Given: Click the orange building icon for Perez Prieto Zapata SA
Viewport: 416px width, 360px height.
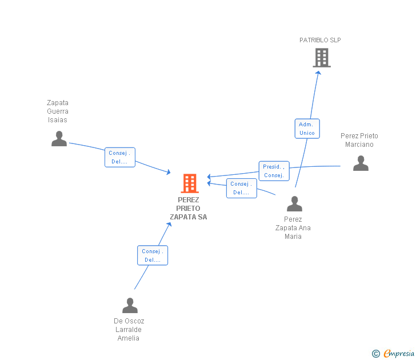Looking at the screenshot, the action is pyautogui.click(x=190, y=183).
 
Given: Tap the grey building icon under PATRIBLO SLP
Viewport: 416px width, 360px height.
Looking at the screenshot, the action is pyautogui.click(x=322, y=58).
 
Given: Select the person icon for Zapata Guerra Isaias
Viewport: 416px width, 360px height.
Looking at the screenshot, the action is pyautogui.click(x=59, y=138).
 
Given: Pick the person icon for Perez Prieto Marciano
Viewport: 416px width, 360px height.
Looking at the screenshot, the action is pyautogui.click(x=361, y=163).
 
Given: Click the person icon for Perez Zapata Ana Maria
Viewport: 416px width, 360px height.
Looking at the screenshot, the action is pyautogui.click(x=294, y=204).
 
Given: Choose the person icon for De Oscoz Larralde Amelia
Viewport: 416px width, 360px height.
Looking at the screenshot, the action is pyautogui.click(x=130, y=305).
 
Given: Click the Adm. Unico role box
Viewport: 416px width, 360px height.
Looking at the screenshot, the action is pyautogui.click(x=307, y=129).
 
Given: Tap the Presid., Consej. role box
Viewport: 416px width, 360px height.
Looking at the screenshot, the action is pyautogui.click(x=274, y=171).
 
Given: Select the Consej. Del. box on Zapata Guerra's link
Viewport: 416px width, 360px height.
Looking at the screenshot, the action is pyautogui.click(x=120, y=157).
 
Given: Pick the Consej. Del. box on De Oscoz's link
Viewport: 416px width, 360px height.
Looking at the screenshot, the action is pyautogui.click(x=153, y=255).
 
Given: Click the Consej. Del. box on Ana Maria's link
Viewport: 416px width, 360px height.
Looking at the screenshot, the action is pyautogui.click(x=241, y=189).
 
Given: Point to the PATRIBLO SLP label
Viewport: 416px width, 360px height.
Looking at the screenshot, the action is pyautogui.click(x=320, y=40).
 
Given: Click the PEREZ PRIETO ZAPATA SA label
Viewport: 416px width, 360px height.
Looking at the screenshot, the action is pyautogui.click(x=189, y=208).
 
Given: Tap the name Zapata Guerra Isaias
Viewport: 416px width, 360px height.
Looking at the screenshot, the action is pyautogui.click(x=58, y=111).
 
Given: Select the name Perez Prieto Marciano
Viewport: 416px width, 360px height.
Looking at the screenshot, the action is pyautogui.click(x=359, y=140).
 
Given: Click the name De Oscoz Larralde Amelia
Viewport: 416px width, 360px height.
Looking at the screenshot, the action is pyautogui.click(x=129, y=330).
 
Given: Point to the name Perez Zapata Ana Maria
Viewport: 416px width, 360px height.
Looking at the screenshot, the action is pyautogui.click(x=293, y=228).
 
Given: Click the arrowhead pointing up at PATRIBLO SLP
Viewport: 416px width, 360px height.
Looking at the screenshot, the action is pyautogui.click(x=318, y=73).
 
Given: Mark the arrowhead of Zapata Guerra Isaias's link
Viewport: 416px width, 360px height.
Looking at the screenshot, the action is pyautogui.click(x=169, y=173).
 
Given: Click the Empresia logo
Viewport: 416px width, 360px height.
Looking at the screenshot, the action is pyautogui.click(x=393, y=353).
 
